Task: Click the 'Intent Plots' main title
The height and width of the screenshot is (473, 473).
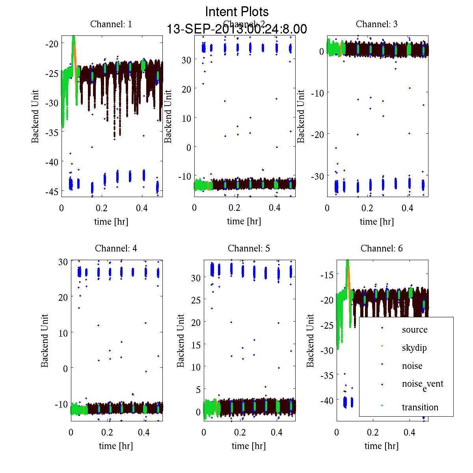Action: click(237, 11)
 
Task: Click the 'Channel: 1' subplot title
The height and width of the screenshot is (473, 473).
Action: click(111, 24)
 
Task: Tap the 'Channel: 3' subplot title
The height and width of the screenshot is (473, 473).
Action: click(376, 24)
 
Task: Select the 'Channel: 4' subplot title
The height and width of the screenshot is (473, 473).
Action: click(116, 248)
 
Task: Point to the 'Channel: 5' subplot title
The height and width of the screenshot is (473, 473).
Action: click(249, 248)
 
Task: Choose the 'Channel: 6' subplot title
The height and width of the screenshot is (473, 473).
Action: click(382, 248)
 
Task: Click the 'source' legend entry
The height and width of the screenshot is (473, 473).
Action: click(414, 330)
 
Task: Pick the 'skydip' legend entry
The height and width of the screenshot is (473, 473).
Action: click(414, 348)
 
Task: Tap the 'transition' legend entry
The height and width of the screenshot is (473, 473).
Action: click(420, 407)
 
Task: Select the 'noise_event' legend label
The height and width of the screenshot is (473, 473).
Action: click(422, 384)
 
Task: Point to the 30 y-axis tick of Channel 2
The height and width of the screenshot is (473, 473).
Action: click(186, 60)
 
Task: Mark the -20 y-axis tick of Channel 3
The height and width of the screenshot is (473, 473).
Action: click(318, 134)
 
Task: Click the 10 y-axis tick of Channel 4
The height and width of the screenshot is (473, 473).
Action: click(63, 333)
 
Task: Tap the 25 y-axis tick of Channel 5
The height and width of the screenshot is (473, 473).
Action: click(196, 300)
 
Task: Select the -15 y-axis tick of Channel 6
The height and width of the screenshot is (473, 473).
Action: click(328, 275)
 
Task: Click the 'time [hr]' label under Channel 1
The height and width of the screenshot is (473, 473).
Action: click(111, 222)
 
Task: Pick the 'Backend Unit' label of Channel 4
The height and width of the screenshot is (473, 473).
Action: click(45, 341)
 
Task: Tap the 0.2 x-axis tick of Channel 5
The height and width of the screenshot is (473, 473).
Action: click(240, 432)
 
